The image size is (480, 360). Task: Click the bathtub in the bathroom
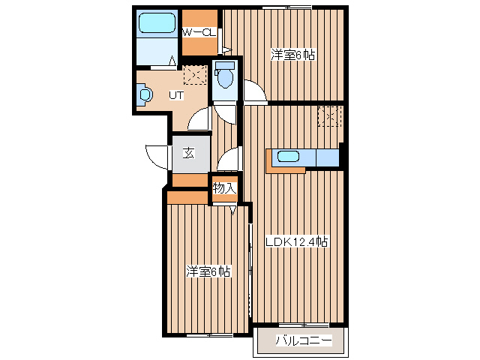pos(157,23)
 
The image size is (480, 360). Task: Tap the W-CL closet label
pos(199,32)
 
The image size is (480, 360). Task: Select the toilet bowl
pos(225,75)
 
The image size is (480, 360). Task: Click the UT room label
pos(177,95)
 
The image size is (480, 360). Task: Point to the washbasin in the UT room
pos(144,94)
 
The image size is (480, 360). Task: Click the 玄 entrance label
pos(188,153)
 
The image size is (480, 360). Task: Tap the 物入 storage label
pos(225,188)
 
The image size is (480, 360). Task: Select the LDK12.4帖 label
pos(297,241)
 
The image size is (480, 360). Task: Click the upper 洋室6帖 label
pos(293,55)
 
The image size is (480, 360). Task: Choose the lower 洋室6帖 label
pos(208,271)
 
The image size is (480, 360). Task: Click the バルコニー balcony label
pos(304,340)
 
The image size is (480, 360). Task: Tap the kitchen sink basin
pos(288,157)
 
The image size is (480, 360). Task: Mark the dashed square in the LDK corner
pos(329,116)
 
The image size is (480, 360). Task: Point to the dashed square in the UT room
pos(195,75)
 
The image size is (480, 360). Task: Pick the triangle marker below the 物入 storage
pos(233,211)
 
